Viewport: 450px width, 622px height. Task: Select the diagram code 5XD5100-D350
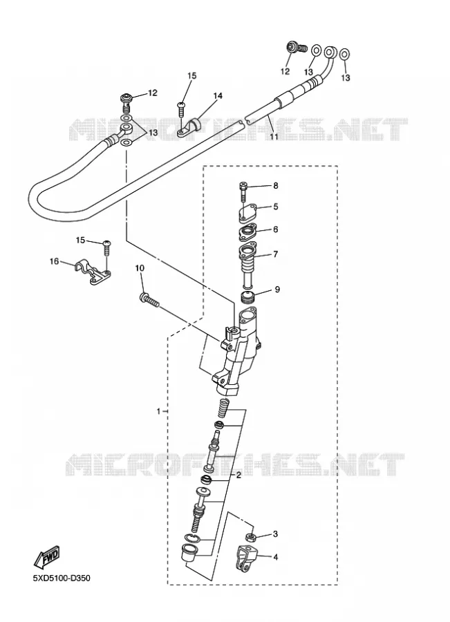(62, 578)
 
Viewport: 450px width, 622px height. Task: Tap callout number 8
(275, 186)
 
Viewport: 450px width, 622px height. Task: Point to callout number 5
(275, 207)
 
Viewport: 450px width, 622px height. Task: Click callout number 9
(277, 290)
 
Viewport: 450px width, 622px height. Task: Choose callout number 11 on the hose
(274, 137)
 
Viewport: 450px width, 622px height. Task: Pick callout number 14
(218, 95)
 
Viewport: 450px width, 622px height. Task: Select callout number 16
(55, 261)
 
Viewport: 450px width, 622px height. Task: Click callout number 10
(140, 268)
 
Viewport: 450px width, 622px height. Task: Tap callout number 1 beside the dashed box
(159, 411)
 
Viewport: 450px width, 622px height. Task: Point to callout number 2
(238, 475)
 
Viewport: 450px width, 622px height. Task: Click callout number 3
(275, 534)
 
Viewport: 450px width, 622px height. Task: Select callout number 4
(275, 557)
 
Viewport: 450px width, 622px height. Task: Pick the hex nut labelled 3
(251, 538)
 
